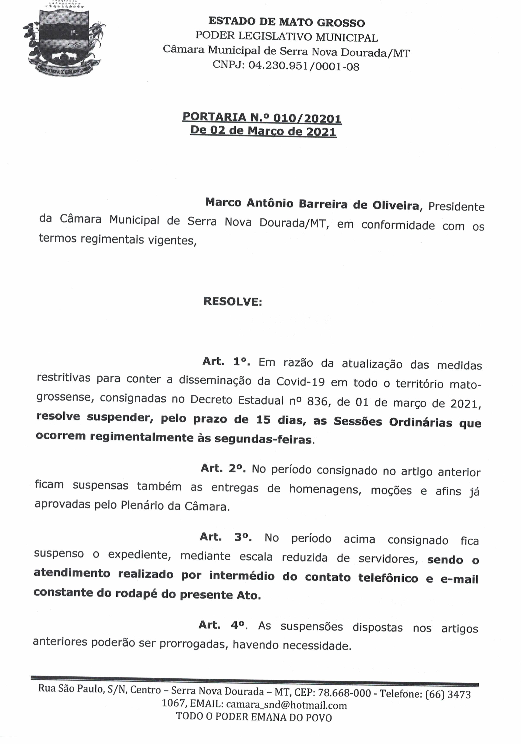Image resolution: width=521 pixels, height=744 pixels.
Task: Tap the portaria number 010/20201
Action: [307, 118]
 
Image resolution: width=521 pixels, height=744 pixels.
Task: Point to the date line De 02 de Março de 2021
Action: [263, 131]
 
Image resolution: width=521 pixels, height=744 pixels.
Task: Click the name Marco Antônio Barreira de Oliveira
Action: [312, 204]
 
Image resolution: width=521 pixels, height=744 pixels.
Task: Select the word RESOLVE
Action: [232, 302]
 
